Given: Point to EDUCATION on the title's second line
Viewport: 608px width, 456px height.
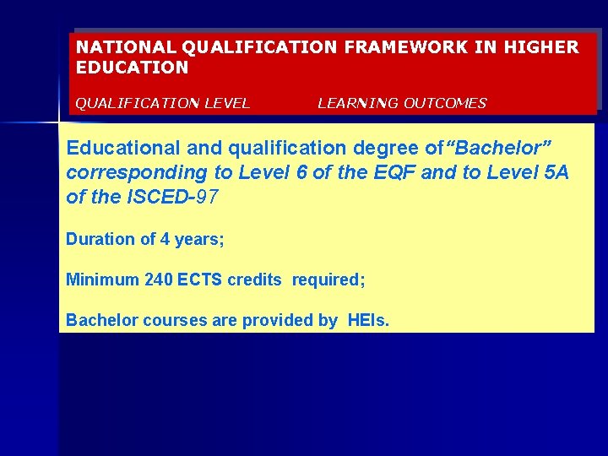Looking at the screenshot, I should coord(133,67).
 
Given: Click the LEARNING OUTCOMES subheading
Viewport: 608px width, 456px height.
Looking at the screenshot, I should coord(402,103).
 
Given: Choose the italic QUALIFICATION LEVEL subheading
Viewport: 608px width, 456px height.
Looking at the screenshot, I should coord(163,103).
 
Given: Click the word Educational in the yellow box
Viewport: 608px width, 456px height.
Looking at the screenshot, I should coord(123,148).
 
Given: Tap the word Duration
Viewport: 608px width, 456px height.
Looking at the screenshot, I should coord(100,239).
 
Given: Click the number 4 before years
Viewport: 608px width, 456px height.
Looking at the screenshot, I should coord(165,239).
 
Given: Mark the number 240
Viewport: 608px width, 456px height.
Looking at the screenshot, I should coord(159,280).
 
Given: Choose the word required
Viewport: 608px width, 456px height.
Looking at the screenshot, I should coord(328,280).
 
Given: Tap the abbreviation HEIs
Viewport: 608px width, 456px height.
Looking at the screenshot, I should coord(369,320).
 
